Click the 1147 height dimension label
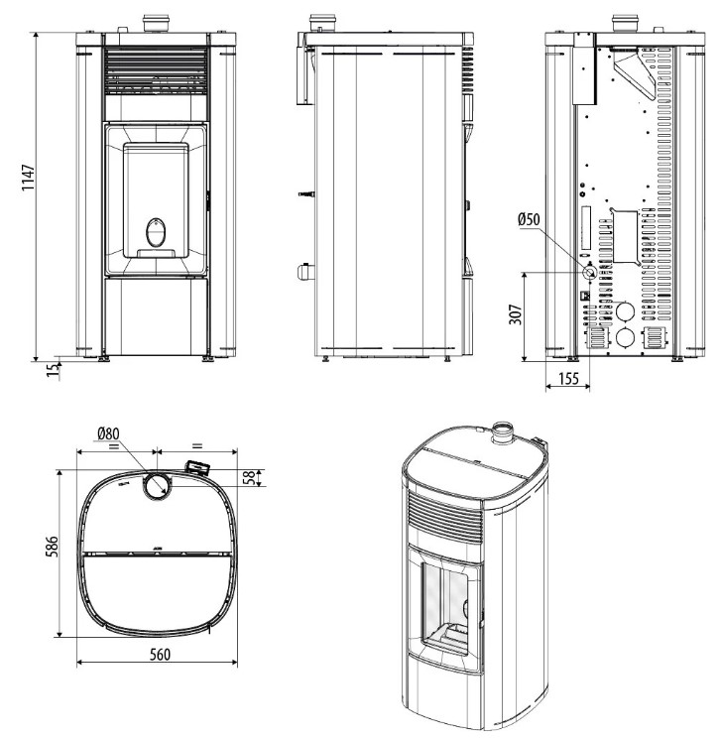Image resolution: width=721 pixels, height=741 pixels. [x=29, y=178]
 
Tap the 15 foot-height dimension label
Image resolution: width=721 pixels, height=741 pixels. [x=54, y=370]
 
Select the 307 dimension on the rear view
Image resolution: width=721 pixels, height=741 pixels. [x=516, y=314]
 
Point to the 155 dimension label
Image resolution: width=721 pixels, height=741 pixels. [x=568, y=379]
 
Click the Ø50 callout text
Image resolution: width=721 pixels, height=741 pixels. [x=529, y=219]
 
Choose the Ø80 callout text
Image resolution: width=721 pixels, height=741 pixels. [x=108, y=433]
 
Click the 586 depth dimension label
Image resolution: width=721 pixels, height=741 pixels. [x=52, y=547]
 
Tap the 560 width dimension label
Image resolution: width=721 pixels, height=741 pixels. [x=160, y=655]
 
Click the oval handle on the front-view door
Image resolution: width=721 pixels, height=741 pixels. [x=156, y=232]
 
